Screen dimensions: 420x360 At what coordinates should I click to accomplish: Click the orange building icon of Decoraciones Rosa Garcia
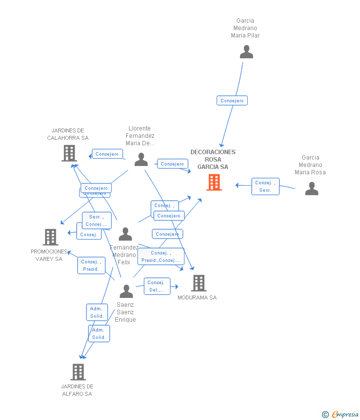coord(214,182)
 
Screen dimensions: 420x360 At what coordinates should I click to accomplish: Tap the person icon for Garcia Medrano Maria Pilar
coord(246,52)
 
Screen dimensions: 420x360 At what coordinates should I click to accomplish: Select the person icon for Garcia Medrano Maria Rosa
coord(312,189)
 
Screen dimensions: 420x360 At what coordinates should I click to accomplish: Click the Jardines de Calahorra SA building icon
coord(69,153)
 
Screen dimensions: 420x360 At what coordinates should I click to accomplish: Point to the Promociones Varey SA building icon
coord(50,237)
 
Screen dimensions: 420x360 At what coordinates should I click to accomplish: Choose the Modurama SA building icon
coord(198,283)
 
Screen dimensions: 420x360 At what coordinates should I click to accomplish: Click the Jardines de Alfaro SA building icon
coord(78,372)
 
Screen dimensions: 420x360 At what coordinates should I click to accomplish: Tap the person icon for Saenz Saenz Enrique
coord(126,292)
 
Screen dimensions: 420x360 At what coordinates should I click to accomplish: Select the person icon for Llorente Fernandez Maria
coord(141,160)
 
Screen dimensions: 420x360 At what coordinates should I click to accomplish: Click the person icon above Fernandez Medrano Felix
coord(126,234)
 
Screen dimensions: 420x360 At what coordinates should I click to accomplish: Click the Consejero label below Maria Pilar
coord(232,101)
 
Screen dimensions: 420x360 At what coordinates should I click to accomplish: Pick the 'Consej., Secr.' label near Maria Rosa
coord(266,186)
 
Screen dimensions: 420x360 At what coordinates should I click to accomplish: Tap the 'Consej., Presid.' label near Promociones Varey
coord(91,265)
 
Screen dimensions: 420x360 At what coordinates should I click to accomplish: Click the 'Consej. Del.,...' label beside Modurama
coord(157,286)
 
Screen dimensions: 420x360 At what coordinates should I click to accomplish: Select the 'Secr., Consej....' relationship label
coord(96,220)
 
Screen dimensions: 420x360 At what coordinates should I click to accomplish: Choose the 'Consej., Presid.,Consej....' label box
coord(161,256)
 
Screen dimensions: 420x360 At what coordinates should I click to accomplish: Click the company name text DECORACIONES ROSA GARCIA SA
coord(213,160)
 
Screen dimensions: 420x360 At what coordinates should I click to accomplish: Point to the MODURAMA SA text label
coord(197,297)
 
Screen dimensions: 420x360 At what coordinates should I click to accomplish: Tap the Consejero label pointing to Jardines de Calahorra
coord(107,154)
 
